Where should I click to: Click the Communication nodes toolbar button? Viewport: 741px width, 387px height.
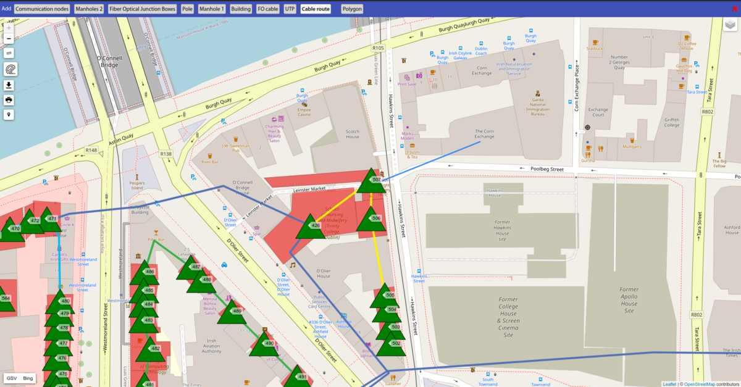(42, 9)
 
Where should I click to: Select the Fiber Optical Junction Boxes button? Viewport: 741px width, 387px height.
(142, 9)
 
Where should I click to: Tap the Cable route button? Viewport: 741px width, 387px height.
(316, 9)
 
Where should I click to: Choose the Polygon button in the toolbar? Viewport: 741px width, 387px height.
(351, 9)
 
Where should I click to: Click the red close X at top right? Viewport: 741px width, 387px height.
(734, 9)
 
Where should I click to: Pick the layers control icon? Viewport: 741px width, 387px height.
(731, 25)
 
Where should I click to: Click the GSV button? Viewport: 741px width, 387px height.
(11, 378)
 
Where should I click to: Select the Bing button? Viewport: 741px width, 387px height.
(28, 378)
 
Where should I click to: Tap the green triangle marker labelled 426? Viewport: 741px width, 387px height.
(309, 227)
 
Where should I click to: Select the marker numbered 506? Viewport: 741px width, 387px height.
(371, 218)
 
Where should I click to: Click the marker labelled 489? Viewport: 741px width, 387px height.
(232, 312)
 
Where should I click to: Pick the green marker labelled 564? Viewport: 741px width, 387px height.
(5, 299)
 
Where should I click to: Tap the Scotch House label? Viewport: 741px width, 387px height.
(353, 133)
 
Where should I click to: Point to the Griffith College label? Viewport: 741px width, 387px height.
(672, 122)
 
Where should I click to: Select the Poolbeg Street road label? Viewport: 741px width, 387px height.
(547, 169)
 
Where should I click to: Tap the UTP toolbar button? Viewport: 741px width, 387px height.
(290, 9)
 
